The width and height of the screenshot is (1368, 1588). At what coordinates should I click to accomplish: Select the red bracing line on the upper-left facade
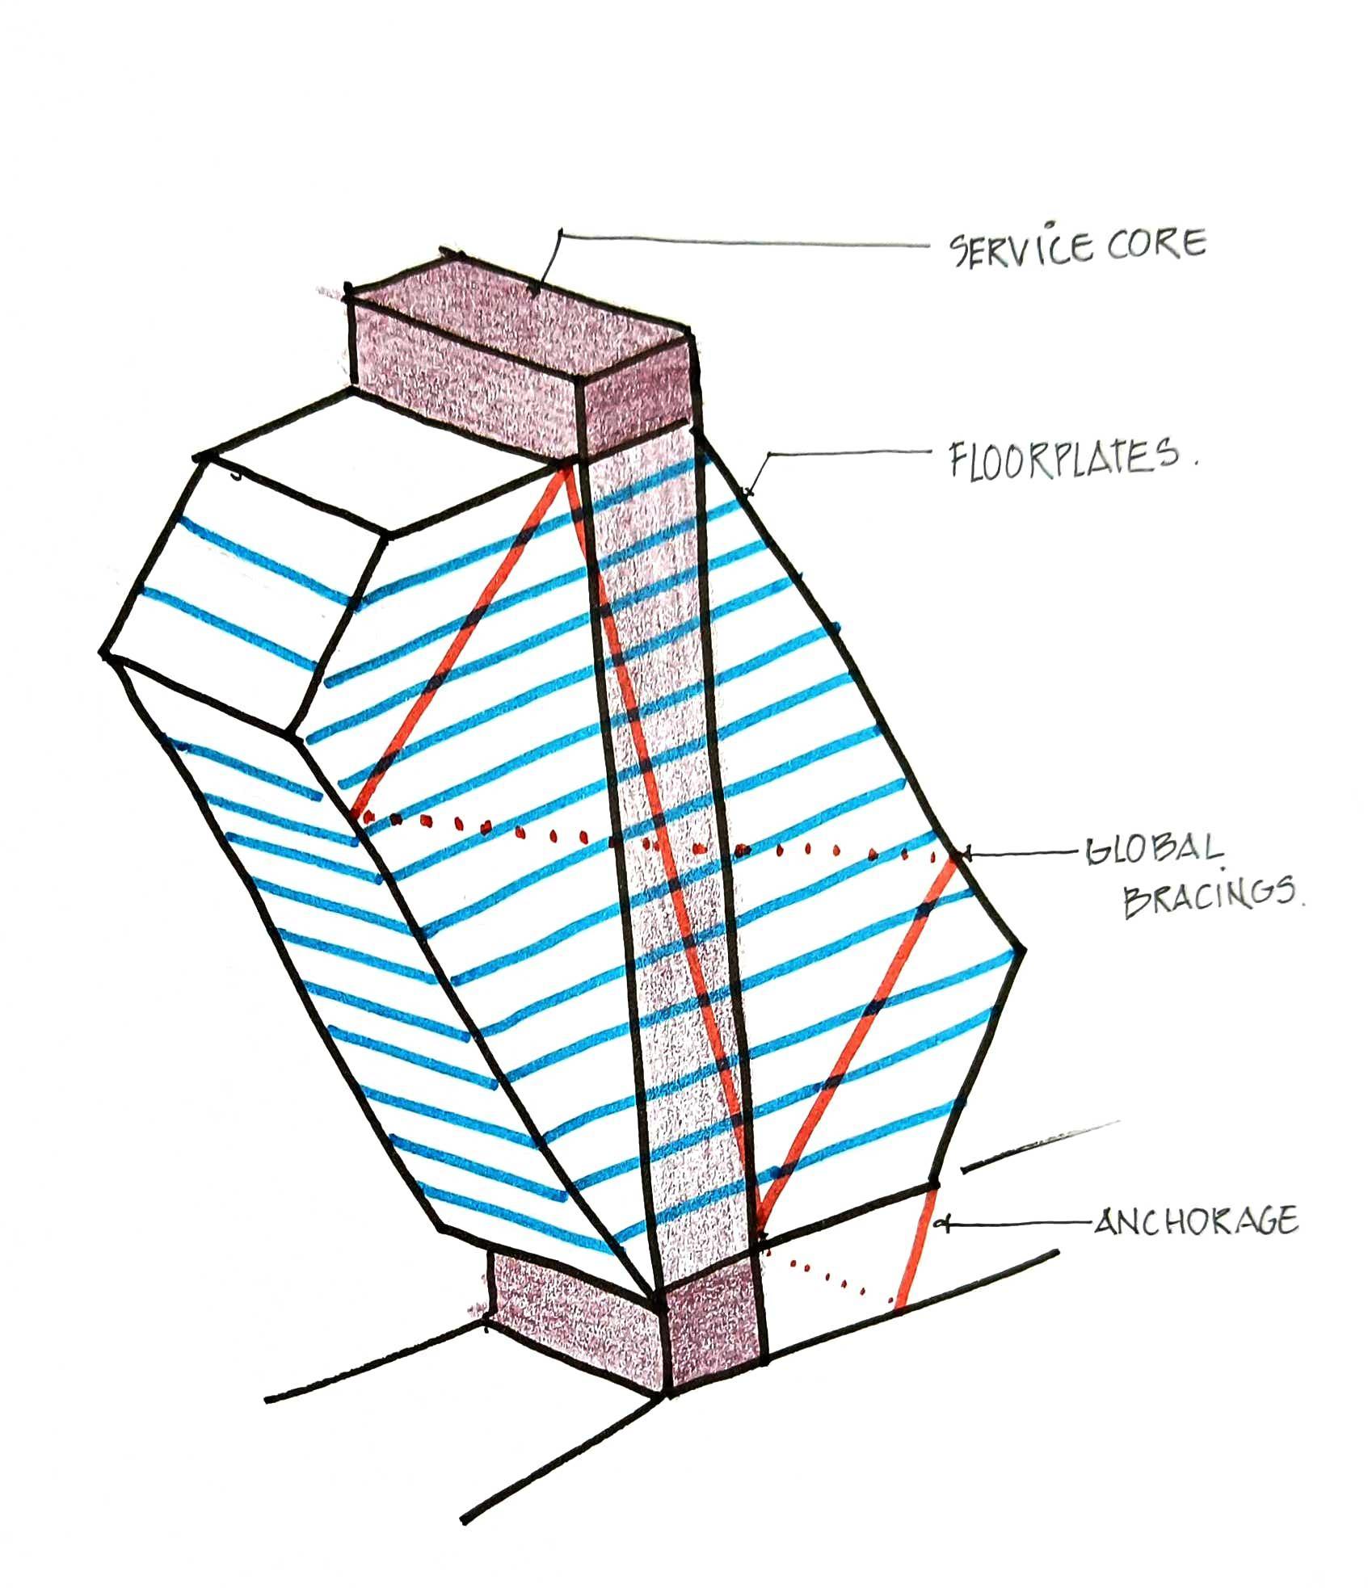point(461,638)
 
